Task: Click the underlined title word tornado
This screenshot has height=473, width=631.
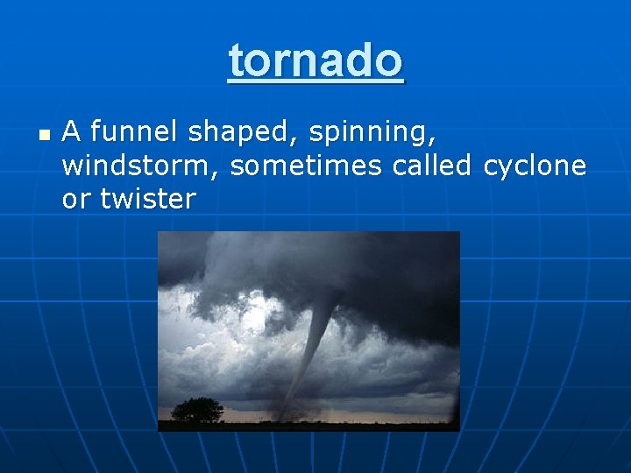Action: point(315,60)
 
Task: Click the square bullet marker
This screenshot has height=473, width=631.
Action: point(43,136)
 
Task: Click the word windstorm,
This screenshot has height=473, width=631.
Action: point(142,166)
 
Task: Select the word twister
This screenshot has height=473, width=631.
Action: point(147,199)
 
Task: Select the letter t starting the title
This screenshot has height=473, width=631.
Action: point(234,60)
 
